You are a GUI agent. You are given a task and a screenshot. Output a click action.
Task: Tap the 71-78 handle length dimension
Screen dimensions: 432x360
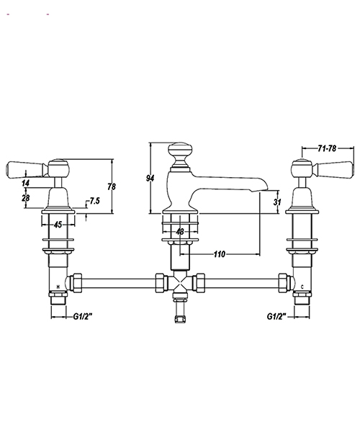pos(327,148)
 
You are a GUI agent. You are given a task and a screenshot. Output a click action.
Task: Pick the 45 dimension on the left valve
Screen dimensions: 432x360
pos(58,224)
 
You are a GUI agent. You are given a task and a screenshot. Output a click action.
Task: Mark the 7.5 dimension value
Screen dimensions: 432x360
pos(94,201)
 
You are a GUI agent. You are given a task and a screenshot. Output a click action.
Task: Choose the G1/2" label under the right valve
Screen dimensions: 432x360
pos(276,316)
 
